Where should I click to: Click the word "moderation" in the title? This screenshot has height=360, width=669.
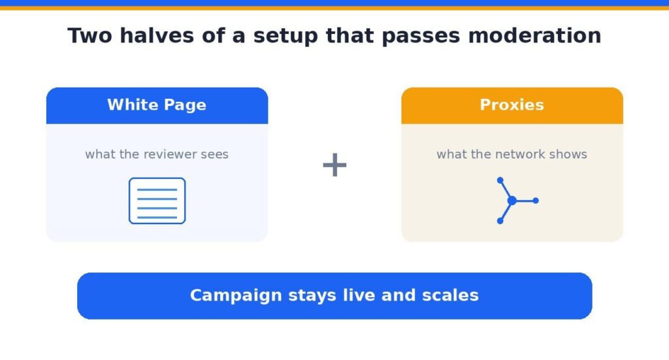pyautogui.click(x=534, y=35)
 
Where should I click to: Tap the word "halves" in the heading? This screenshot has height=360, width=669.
pyautogui.click(x=157, y=35)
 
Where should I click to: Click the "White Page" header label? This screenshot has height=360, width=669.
pyautogui.click(x=157, y=105)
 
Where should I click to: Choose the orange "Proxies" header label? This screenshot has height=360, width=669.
pyautogui.click(x=512, y=105)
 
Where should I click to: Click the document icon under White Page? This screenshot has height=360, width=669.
pyautogui.click(x=157, y=201)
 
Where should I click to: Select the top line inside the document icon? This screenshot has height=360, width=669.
pyautogui.click(x=157, y=189)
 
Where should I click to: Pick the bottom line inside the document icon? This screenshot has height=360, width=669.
pyautogui.click(x=157, y=218)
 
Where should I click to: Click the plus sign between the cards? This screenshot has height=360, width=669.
pyautogui.click(x=334, y=165)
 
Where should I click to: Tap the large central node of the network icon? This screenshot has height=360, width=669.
pyautogui.click(x=512, y=201)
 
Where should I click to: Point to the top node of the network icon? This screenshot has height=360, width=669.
pyautogui.click(x=500, y=180)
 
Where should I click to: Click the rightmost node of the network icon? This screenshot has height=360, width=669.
pyautogui.click(x=536, y=201)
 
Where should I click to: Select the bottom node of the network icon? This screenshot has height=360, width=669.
pyautogui.click(x=500, y=221)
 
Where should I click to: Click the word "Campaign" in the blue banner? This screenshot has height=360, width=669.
pyautogui.click(x=236, y=295)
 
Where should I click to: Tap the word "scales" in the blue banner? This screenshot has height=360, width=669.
pyautogui.click(x=450, y=295)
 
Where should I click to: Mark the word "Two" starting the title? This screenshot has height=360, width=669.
pyautogui.click(x=90, y=35)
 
